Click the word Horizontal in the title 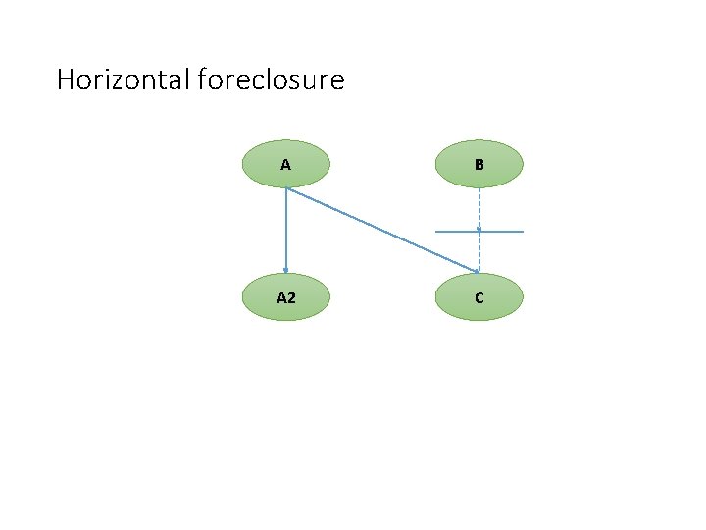124,79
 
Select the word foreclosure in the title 271,79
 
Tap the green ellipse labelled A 285,164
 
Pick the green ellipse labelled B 479,164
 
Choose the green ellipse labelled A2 285,297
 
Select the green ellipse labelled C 479,297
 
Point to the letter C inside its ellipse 479,297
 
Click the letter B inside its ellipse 479,165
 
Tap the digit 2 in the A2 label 291,297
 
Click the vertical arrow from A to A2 285,231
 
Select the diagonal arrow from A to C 382,231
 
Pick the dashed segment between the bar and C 479,251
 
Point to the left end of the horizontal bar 436,232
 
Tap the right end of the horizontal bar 523,232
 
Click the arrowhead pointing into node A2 285,271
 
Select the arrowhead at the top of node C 478,271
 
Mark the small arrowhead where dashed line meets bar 479,229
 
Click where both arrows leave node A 285,188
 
